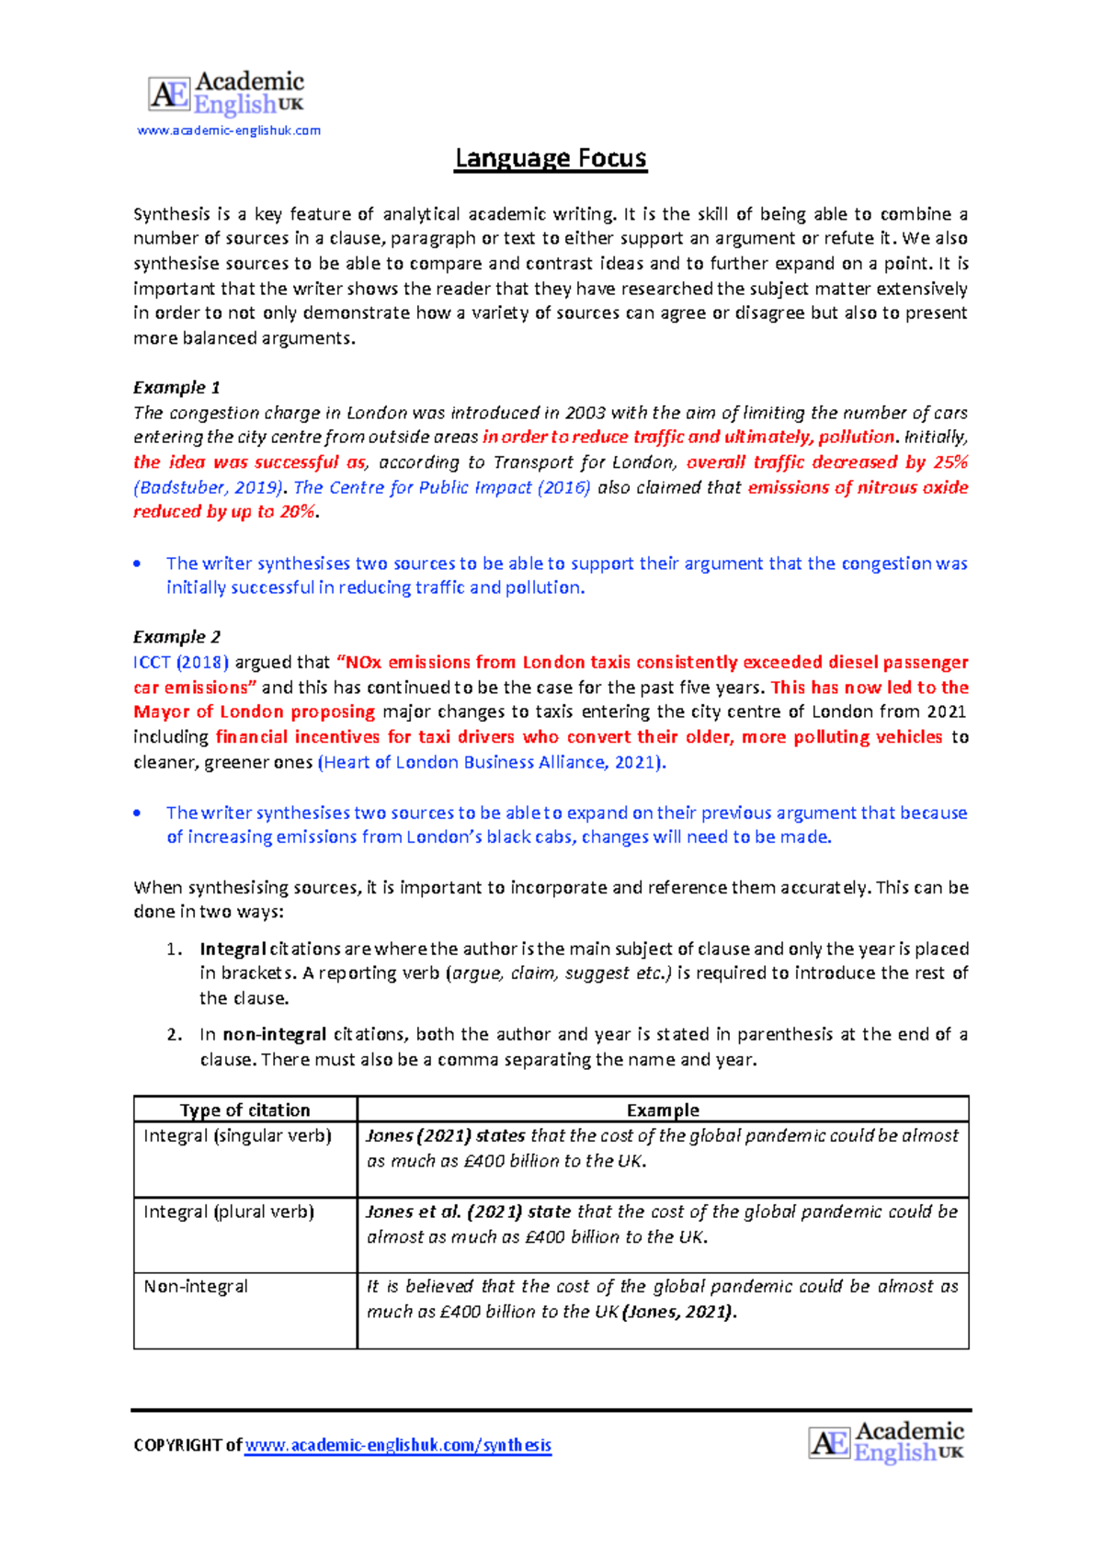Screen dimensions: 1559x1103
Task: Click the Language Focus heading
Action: [551, 159]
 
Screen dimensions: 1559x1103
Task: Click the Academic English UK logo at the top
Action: [226, 94]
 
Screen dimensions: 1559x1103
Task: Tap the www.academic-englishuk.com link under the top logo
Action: [229, 131]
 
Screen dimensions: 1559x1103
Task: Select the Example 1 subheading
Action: [176, 387]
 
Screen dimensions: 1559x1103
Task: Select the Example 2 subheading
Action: [176, 636]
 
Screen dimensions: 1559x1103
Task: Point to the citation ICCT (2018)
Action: [180, 662]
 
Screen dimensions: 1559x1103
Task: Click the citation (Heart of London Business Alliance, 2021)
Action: [491, 762]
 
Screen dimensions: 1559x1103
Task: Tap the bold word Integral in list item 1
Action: [233, 949]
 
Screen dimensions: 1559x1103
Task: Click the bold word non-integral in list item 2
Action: [274, 1034]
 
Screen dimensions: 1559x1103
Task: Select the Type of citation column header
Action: [244, 1110]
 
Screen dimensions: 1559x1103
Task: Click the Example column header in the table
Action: [663, 1110]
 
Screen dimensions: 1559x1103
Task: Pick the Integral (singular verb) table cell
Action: [237, 1136]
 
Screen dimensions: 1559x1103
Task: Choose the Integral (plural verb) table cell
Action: [229, 1212]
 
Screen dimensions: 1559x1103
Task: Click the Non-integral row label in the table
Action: [196, 1287]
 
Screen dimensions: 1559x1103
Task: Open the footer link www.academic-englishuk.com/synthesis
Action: [398, 1445]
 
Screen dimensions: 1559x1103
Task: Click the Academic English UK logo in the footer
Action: [886, 1442]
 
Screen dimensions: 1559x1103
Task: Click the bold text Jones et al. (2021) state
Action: [468, 1212]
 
